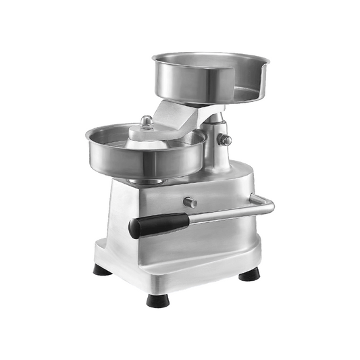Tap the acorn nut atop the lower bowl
146,122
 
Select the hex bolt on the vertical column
225,140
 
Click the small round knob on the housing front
191,202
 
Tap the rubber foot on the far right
249,274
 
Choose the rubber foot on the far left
102,270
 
